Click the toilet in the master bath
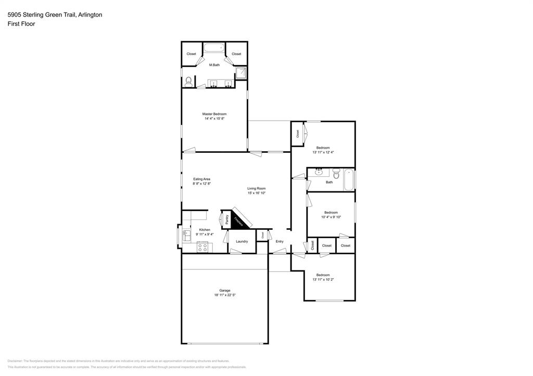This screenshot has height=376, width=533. [188, 81]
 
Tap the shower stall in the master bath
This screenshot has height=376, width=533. [242, 73]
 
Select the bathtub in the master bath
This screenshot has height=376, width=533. [213, 48]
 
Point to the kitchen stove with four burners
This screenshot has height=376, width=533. [202, 247]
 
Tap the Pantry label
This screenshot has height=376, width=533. [227, 219]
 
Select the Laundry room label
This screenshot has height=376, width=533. [242, 241]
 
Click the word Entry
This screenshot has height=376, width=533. [280, 241]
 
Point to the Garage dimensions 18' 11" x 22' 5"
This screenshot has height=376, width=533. [225, 295]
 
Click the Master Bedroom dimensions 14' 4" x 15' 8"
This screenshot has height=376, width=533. [214, 119]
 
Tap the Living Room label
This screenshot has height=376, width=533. [257, 188]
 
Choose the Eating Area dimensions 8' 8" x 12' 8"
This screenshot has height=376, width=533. [202, 184]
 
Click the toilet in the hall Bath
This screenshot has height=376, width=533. [336, 174]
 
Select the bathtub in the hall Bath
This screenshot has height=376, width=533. [349, 179]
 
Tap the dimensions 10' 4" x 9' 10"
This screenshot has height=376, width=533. [331, 217]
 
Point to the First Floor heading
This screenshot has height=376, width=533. [21, 24]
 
